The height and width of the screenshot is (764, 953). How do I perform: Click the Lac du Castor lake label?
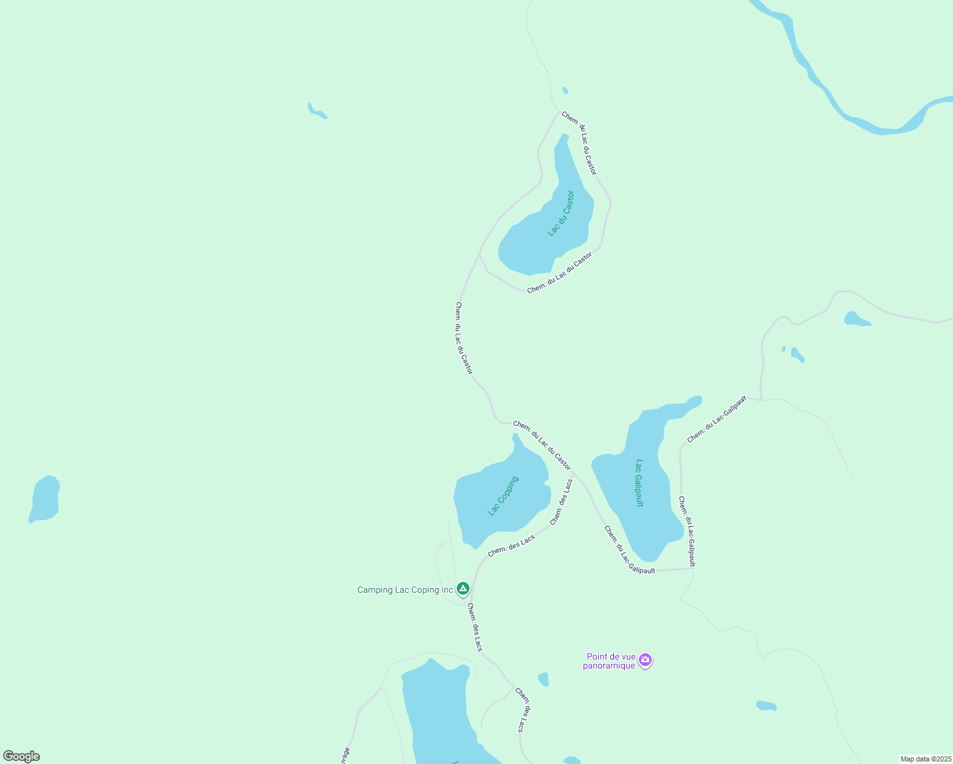561,213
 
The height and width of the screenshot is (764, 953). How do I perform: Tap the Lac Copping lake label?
503,495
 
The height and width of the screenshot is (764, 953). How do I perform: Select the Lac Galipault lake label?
640,483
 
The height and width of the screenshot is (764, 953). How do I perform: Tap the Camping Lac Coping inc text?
405,590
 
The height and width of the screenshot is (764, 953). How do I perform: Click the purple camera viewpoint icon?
645,660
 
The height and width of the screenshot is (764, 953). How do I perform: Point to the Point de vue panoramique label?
610,661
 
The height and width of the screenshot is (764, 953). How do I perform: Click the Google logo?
22,756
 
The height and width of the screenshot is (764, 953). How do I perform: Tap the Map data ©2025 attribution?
926,759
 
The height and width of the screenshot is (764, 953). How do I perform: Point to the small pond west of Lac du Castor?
316,111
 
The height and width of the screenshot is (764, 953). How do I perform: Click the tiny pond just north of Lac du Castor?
565,90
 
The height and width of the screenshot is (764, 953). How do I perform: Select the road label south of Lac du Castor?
559,272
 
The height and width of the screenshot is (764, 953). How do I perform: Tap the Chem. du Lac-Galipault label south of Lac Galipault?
629,550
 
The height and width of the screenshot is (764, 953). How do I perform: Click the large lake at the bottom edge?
440,713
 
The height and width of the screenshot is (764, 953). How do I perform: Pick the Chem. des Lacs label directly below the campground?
475,627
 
